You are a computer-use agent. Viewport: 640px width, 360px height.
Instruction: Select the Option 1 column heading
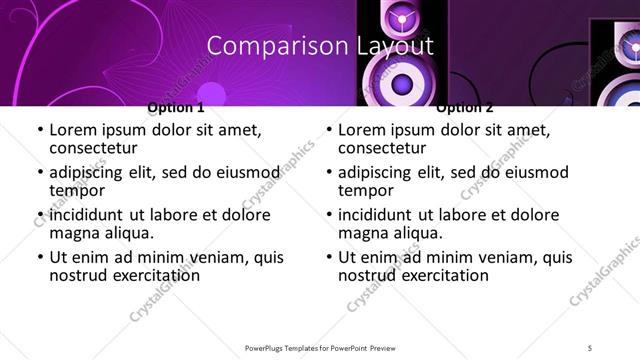pos(175,107)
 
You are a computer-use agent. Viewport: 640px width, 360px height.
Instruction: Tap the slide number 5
pos(590,347)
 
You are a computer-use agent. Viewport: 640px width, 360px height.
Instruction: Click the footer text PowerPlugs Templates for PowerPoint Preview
pos(318,347)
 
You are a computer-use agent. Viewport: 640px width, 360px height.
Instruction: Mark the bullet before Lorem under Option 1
pos(40,130)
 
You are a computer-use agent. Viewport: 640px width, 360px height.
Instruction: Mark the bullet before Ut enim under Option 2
pos(329,257)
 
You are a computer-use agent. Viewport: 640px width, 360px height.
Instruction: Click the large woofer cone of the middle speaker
pos(403,82)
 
